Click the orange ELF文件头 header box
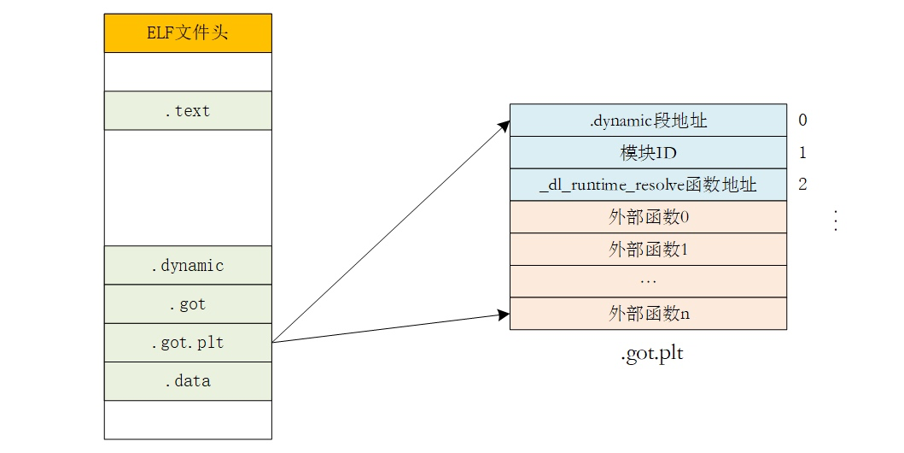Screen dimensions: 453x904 [x=188, y=33]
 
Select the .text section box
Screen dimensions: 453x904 [x=188, y=110]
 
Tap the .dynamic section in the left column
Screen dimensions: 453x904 [x=188, y=265]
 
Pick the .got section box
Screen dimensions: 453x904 [x=188, y=303]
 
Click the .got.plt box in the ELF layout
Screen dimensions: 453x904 [x=188, y=343]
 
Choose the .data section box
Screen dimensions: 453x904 [x=188, y=381]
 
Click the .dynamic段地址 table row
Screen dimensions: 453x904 [x=648, y=121]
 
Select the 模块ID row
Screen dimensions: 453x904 [x=648, y=153]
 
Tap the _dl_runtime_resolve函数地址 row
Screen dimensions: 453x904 [x=648, y=185]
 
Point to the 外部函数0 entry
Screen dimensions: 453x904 [x=648, y=217]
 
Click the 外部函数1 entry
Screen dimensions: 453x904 [x=648, y=250]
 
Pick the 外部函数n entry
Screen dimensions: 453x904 [x=648, y=314]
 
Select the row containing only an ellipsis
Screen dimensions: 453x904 [x=648, y=281]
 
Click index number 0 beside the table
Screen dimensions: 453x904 [x=802, y=121]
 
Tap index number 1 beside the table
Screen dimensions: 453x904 [x=802, y=153]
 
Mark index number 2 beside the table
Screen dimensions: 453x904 [x=802, y=185]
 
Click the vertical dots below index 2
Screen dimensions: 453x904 [x=836, y=221]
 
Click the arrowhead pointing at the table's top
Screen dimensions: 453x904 [x=504, y=126]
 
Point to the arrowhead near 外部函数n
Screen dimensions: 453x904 [x=503, y=315]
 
